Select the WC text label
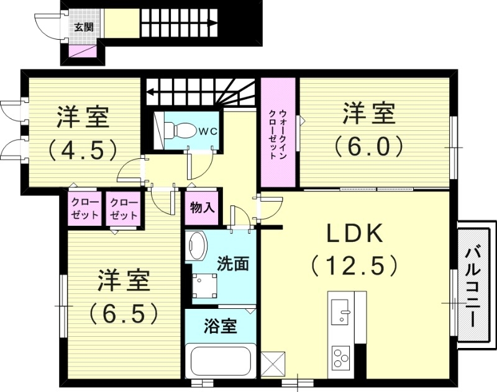pos(207,131)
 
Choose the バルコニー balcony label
pos(476,287)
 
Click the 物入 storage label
pos(202,207)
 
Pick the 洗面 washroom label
pos(233,264)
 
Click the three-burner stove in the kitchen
pos(340,357)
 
